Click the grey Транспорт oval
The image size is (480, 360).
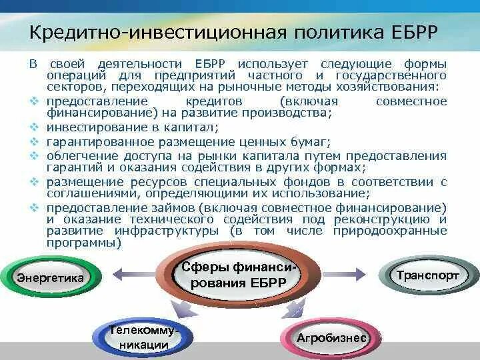pos(437,274)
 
